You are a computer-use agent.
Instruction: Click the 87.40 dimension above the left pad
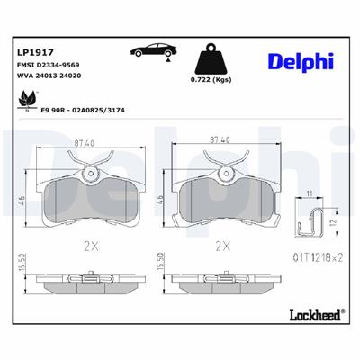pos(85,142)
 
